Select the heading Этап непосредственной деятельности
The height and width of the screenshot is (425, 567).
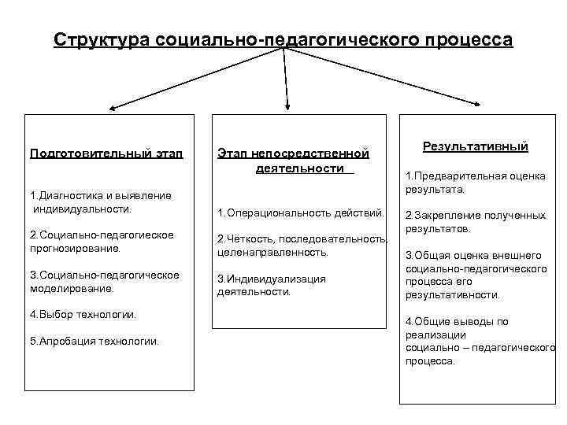293,161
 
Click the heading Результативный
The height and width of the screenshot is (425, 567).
476,146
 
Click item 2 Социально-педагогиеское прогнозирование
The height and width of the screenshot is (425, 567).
102,242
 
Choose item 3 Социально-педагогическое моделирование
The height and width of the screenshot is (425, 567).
104,281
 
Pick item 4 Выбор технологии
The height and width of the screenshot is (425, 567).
83,314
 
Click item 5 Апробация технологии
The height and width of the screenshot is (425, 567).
94,341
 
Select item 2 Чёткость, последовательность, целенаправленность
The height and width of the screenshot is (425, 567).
302,246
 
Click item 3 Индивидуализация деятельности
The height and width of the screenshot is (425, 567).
271,285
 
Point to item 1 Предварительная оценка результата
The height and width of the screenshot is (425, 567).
475,183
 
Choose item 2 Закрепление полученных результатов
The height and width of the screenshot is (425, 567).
475,222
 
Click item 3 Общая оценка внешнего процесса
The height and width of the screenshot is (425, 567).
476,275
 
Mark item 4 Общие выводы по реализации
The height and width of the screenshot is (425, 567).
480,341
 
